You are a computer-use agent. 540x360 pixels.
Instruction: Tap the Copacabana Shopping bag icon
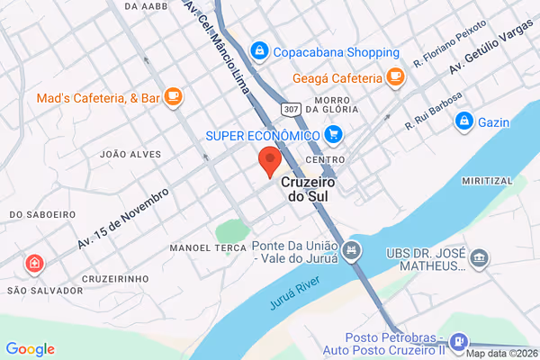(259, 51)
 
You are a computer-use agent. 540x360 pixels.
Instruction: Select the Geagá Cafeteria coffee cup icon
(394, 76)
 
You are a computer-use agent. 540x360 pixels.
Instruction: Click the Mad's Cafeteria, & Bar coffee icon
(173, 97)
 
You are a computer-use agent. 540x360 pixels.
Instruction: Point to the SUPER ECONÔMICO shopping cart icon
(334, 135)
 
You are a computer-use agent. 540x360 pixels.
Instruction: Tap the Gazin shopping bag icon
(464, 120)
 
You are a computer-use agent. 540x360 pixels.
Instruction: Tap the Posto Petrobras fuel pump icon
(459, 342)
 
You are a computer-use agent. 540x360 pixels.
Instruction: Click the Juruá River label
(294, 295)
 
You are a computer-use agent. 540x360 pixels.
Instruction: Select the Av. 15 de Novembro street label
(123, 219)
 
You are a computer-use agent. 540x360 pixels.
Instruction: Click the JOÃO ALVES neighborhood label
(123, 154)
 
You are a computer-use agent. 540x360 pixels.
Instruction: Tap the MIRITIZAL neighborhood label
(486, 181)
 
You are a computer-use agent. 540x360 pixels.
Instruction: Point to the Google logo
(30, 349)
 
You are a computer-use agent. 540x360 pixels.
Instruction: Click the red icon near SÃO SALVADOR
(33, 264)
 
